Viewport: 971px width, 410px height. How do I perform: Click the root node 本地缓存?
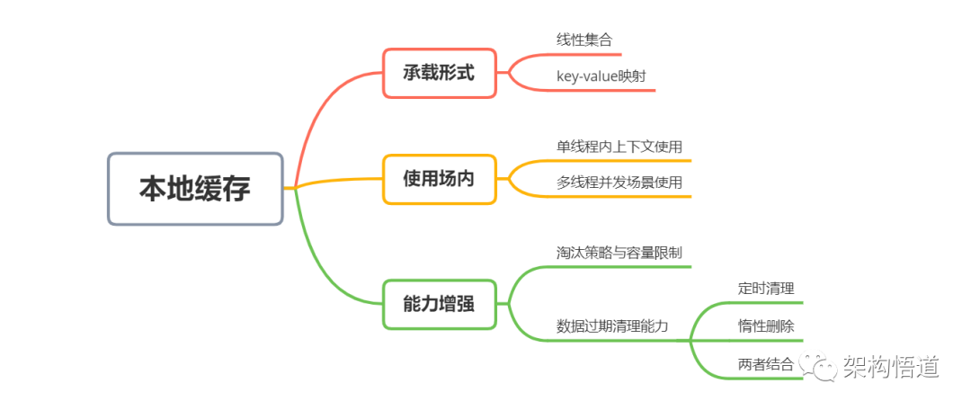(195, 189)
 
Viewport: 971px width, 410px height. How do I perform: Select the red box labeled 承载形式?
(439, 73)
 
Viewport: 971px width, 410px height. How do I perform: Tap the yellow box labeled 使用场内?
(439, 179)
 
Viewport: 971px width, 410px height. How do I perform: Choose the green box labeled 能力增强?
(439, 304)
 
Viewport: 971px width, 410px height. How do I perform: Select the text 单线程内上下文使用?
(619, 146)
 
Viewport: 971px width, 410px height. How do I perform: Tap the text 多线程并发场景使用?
(619, 182)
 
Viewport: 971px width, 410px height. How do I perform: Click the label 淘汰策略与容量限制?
(619, 253)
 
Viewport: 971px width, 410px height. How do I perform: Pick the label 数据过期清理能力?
(612, 325)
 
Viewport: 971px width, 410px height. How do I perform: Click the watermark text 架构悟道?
(890, 367)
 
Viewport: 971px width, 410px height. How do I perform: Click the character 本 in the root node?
(153, 189)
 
